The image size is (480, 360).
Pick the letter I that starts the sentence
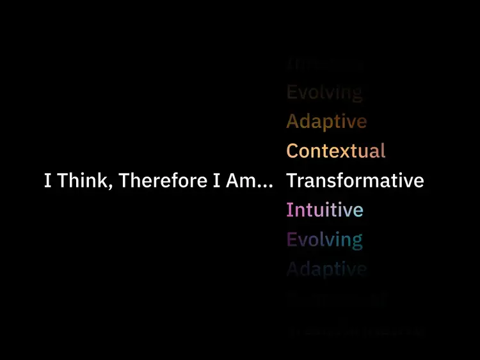click(47, 181)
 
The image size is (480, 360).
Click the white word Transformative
click(355, 181)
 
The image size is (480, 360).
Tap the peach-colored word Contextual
click(336, 152)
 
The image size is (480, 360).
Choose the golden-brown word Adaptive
click(326, 121)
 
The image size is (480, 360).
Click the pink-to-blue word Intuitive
click(324, 210)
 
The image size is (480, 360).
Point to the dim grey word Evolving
click(324, 93)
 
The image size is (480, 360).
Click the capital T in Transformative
click(291, 181)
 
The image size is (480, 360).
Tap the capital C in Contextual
click(292, 152)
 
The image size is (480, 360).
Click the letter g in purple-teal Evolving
click(357, 243)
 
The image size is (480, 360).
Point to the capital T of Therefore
click(124, 181)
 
